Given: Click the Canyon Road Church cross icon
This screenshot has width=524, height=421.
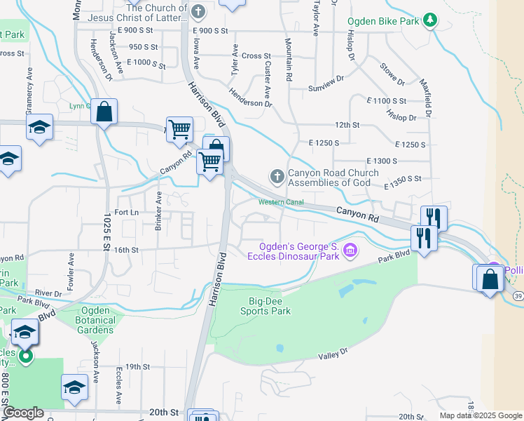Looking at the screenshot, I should [x=277, y=176].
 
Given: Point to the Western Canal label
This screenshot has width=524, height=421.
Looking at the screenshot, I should [x=280, y=203].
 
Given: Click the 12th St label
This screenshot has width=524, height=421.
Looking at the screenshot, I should [x=347, y=125].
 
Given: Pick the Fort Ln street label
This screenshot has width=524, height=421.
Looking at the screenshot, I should [x=126, y=212].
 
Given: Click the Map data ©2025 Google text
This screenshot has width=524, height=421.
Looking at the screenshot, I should [x=481, y=415].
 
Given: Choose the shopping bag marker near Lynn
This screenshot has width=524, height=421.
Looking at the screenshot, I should [x=104, y=112].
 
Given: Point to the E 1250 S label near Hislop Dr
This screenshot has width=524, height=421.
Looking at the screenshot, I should [x=411, y=145].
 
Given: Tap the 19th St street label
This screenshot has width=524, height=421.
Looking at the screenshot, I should [x=138, y=366].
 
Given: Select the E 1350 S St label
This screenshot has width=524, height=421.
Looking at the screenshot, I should [x=404, y=179].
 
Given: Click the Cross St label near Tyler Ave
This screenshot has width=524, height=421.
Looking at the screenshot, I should [x=256, y=56].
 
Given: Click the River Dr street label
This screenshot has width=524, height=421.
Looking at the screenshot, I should [x=48, y=293].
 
